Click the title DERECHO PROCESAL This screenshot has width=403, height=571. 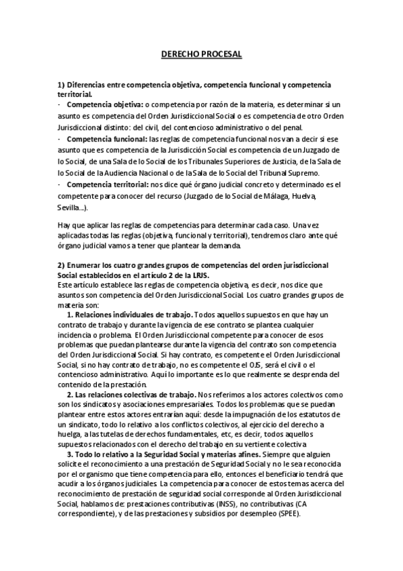tap(201, 53)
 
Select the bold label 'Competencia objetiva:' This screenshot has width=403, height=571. tap(104, 106)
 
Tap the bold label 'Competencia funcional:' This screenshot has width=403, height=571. tap(108, 138)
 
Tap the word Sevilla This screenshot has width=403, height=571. tap(69, 207)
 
